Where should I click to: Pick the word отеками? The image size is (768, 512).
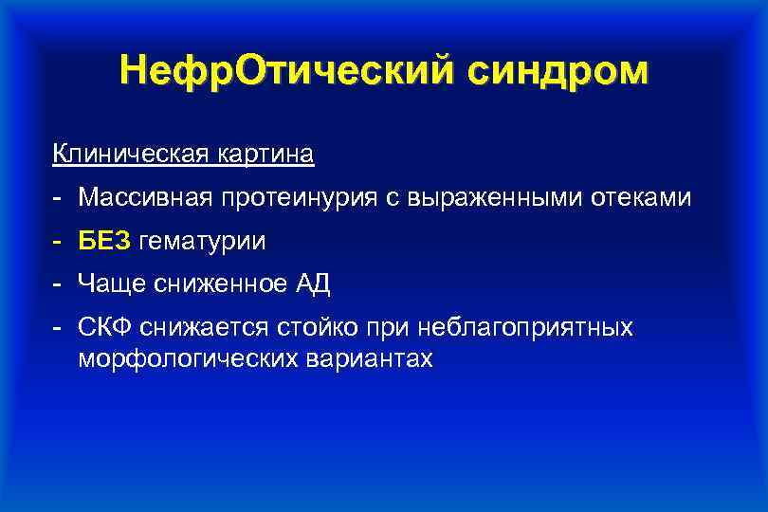coord(645,197)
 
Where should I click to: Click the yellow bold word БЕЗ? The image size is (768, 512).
coord(105,242)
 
